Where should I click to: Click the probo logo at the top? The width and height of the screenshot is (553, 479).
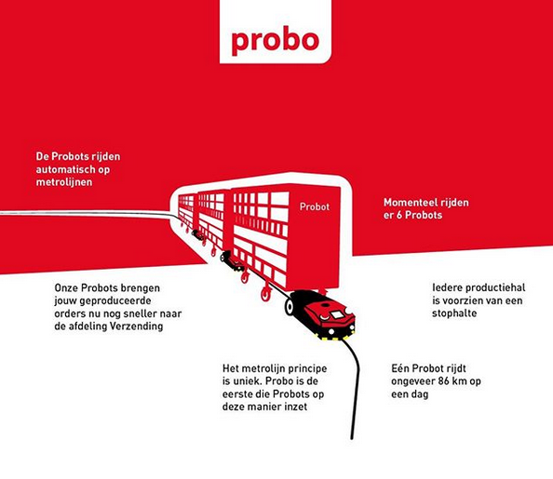click(275, 40)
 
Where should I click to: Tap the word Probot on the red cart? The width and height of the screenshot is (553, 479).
click(315, 206)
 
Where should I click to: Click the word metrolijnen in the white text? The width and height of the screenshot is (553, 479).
click(64, 182)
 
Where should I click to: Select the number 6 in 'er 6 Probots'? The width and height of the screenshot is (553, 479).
click(398, 215)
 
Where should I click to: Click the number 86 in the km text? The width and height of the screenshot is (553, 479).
click(444, 381)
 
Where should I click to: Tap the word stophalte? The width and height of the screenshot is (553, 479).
click(454, 313)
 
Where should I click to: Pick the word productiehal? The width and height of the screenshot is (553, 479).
click(495, 287)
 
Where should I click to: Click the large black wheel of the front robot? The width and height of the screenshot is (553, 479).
click(290, 307)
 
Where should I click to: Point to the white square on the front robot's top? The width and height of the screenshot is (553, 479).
click(337, 314)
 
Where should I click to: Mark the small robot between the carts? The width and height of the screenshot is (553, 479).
click(232, 261)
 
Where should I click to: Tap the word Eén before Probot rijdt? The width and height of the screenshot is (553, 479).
click(400, 368)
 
